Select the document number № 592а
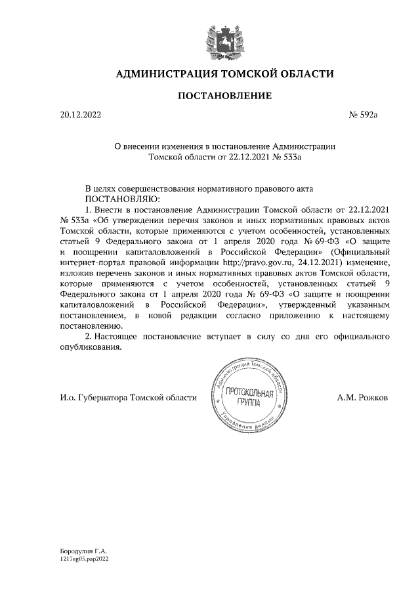tap(364, 116)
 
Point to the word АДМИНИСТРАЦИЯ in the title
tap(163, 74)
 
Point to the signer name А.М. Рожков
tap(362, 397)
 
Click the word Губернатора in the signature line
tap(102, 397)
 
